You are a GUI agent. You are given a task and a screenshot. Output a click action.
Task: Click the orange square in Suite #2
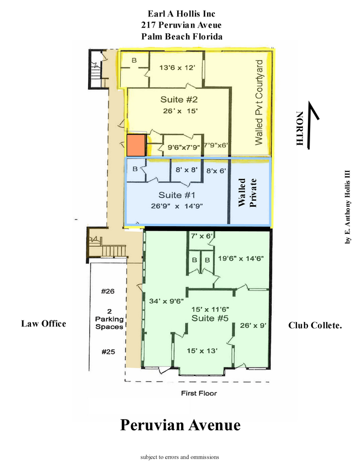coord(136,145)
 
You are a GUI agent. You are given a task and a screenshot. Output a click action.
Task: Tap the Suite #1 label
coord(177,195)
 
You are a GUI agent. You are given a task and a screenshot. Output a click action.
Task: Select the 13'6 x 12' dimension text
coord(177,68)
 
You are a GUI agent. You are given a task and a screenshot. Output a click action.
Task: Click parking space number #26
coord(108,292)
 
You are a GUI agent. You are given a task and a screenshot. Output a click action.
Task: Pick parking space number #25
coord(108,351)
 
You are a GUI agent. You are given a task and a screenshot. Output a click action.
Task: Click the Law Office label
coord(44,324)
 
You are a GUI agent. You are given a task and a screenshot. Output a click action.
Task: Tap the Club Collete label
coord(315,325)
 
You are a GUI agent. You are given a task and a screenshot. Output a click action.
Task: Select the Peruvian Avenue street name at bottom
coord(180,425)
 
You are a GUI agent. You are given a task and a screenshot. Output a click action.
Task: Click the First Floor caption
coord(199,393)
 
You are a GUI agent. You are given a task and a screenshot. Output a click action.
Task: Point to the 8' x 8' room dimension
coord(187,170)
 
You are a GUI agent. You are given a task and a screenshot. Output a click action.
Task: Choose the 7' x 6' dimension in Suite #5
coord(202,236)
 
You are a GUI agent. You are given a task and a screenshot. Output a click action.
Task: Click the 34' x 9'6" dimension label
coord(166,301)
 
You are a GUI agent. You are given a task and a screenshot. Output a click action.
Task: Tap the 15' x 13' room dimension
coord(202,350)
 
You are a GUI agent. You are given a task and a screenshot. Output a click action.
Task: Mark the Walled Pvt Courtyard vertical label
coord(259,103)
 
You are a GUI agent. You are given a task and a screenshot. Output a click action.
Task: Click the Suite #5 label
coord(210,318)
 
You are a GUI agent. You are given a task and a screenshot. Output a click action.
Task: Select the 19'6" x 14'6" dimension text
coord(241,258)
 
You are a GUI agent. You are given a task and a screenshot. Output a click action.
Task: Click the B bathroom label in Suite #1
coord(135,169)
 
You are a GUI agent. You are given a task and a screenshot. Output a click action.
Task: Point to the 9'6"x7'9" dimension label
coord(183,147)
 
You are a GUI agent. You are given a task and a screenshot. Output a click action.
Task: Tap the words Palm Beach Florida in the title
coord(182,37)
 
